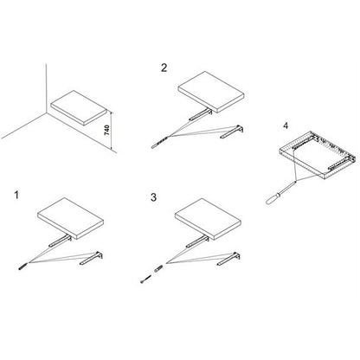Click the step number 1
pos(16,195)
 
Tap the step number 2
pos(164,67)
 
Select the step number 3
pos(153,197)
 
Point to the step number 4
pos(286,125)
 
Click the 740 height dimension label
pos(106,131)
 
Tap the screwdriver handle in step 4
pos(271,199)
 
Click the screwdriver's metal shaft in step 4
pos(286,187)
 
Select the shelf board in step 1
pos(71,218)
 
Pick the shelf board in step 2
pos(212,92)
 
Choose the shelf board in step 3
pos(209,219)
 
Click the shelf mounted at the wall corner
pos(79,107)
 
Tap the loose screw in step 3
pos(146,279)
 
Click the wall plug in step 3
pos(158,268)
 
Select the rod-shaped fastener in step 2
pos(159,142)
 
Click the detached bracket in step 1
pos(92,258)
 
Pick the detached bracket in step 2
pos(232,132)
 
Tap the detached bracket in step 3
pos(228,259)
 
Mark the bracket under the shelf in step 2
pos(201,114)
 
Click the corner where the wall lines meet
pos(46,112)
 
